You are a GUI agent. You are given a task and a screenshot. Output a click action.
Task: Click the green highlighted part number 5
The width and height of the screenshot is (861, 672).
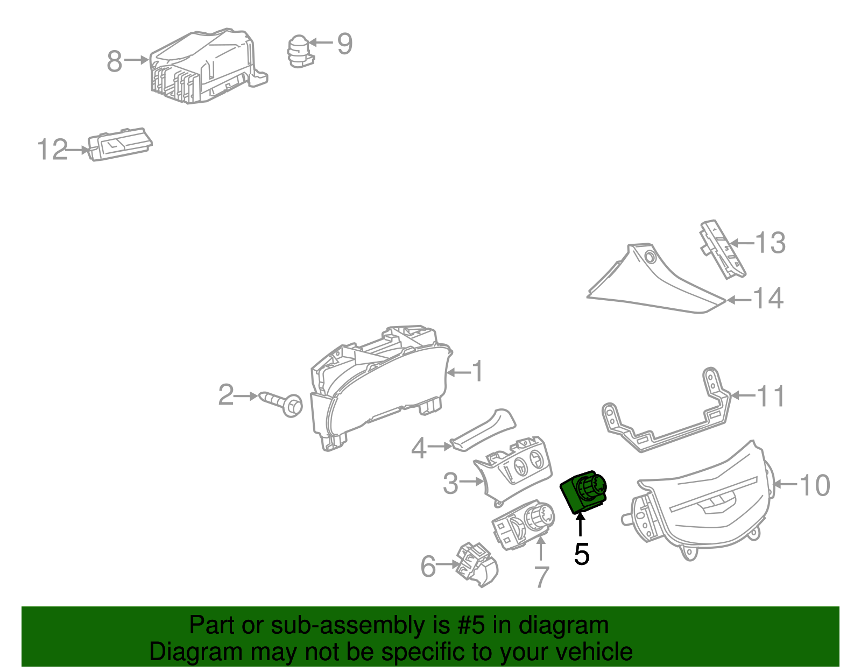584,492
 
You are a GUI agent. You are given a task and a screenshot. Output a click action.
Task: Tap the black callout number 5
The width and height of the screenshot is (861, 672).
581,554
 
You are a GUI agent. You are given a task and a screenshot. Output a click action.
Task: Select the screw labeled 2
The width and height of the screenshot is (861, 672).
282,402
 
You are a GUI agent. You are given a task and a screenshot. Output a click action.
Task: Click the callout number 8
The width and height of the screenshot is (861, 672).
115,61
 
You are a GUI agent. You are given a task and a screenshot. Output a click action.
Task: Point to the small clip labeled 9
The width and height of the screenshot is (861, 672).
300,52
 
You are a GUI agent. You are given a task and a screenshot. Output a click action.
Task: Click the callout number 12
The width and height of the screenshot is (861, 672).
53,150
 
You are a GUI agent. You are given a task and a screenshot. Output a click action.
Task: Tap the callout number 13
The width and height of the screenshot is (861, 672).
770,243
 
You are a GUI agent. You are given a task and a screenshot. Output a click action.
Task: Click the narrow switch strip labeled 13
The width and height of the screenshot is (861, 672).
723,249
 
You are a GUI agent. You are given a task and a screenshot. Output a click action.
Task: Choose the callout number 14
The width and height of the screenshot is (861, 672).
768,299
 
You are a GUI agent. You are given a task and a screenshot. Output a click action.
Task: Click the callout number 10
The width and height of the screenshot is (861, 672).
815,485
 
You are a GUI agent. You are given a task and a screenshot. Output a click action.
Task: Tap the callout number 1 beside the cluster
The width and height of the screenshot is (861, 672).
477,372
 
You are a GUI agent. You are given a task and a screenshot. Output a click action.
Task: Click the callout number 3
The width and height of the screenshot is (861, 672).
450,483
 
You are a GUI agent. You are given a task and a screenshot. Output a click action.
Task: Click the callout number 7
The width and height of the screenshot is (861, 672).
541,577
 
